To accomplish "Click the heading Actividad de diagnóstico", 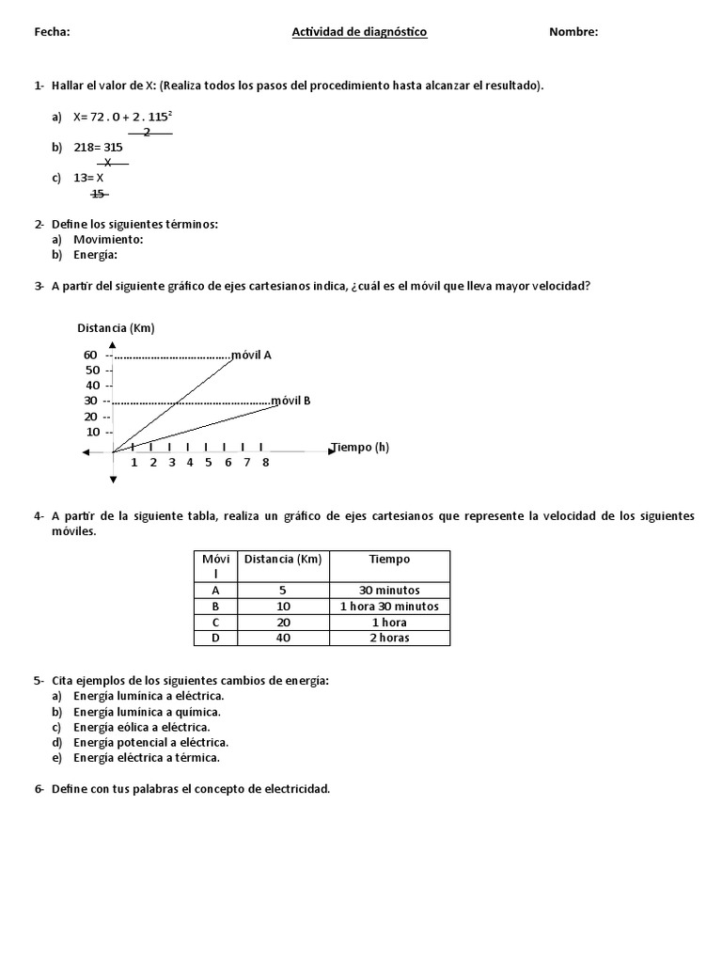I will point(359,32).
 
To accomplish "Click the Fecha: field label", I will point(52,32).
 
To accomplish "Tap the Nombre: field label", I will point(573,32).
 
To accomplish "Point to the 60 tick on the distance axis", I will point(91,355).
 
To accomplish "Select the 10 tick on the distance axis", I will point(92,433).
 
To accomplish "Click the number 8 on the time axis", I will point(266,463).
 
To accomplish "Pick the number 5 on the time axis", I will point(209,463).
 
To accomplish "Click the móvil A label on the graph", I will point(251,355).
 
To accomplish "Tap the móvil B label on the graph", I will point(290,401).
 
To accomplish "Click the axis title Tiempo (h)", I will point(360,448).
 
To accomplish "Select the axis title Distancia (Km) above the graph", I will point(116,328).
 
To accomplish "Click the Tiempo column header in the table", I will point(389,559).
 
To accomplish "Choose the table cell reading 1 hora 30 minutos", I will point(389,607).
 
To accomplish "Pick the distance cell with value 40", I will point(283,638).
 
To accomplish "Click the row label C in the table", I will point(215,623).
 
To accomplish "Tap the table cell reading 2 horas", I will point(389,638).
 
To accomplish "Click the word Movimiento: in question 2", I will point(108,239).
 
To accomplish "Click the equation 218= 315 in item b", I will point(98,147).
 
